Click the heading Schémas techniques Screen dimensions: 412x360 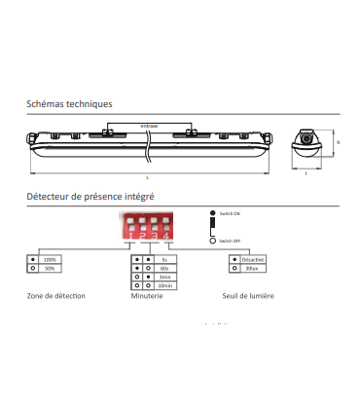click(69, 104)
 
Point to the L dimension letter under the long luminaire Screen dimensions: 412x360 click(147, 177)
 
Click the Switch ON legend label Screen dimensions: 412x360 click(230, 212)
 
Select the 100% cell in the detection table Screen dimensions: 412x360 click(51, 259)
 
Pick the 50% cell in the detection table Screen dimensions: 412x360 click(51, 268)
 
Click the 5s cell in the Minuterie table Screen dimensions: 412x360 click(166, 259)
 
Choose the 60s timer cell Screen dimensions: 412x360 click(166, 268)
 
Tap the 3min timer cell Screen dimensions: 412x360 click(166, 277)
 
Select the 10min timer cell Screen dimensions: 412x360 click(166, 285)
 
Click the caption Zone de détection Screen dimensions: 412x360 click(56, 295)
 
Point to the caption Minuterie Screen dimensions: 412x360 click(147, 295)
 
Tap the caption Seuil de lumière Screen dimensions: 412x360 click(249, 295)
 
